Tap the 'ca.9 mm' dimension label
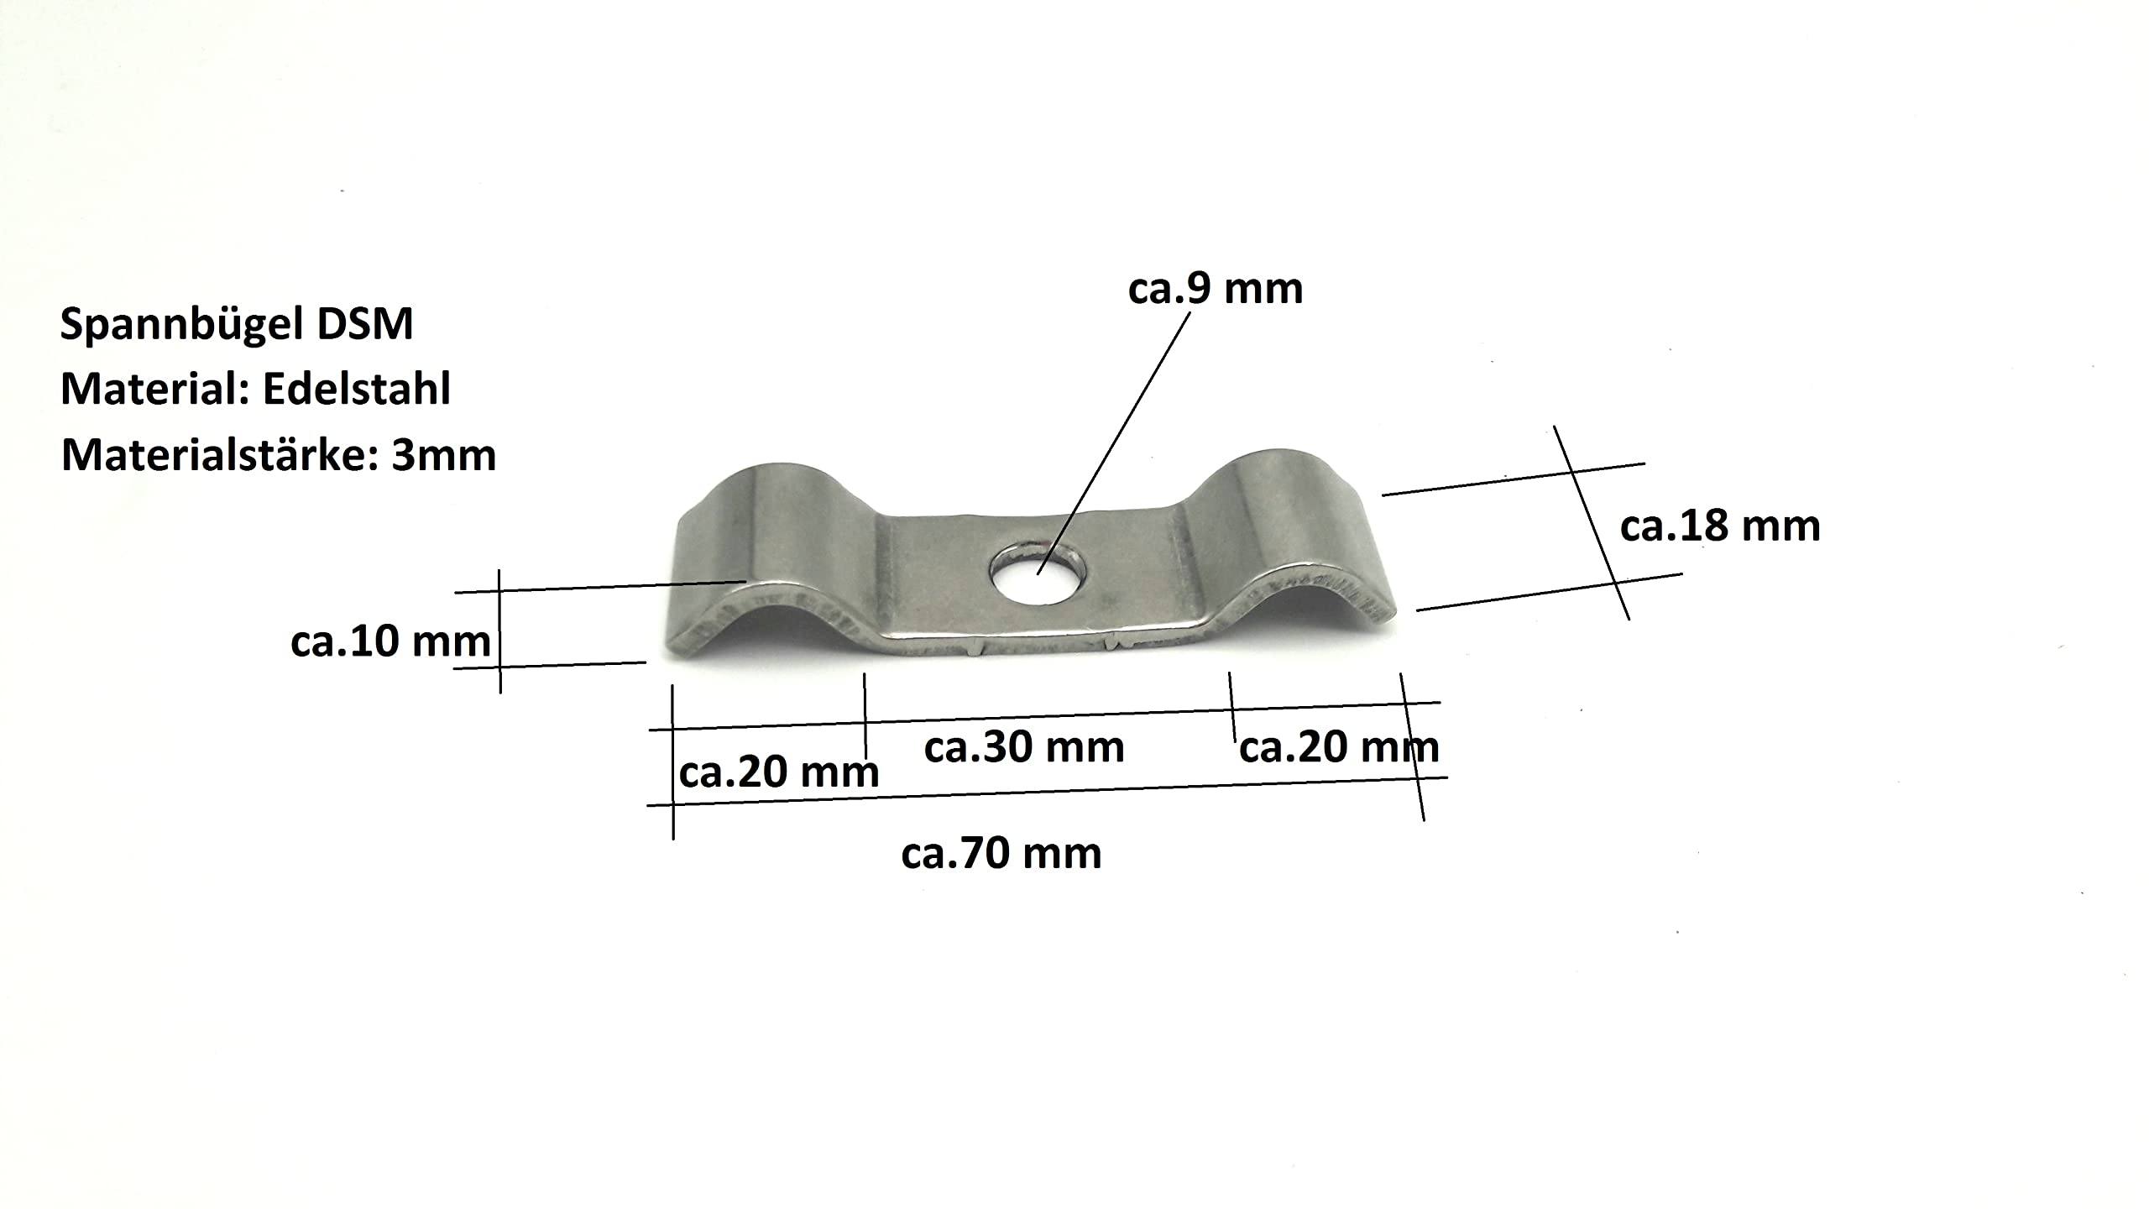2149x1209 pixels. click(1216, 289)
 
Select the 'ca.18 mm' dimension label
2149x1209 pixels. click(1720, 526)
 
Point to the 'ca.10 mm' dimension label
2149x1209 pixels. click(390, 642)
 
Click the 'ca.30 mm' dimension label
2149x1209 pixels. click(1024, 747)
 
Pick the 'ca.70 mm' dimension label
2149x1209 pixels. click(1001, 854)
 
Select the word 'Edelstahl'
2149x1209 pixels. click(358, 389)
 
